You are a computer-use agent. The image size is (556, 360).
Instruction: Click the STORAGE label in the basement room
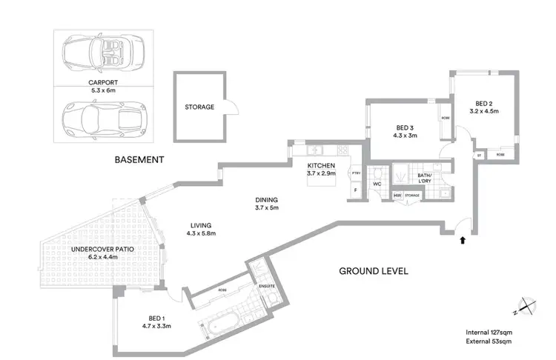(x=199, y=107)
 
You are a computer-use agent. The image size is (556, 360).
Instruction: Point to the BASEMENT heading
(x=139, y=160)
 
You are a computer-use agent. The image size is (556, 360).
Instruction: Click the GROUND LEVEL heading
(x=374, y=271)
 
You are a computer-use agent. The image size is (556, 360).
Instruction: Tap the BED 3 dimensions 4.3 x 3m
(x=405, y=136)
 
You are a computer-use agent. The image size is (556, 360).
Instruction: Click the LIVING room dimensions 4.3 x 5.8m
(x=201, y=234)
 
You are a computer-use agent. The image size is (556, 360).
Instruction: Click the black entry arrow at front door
(x=464, y=239)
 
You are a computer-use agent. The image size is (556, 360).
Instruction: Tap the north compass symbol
(x=527, y=304)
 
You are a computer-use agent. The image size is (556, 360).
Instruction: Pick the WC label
(x=377, y=184)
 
